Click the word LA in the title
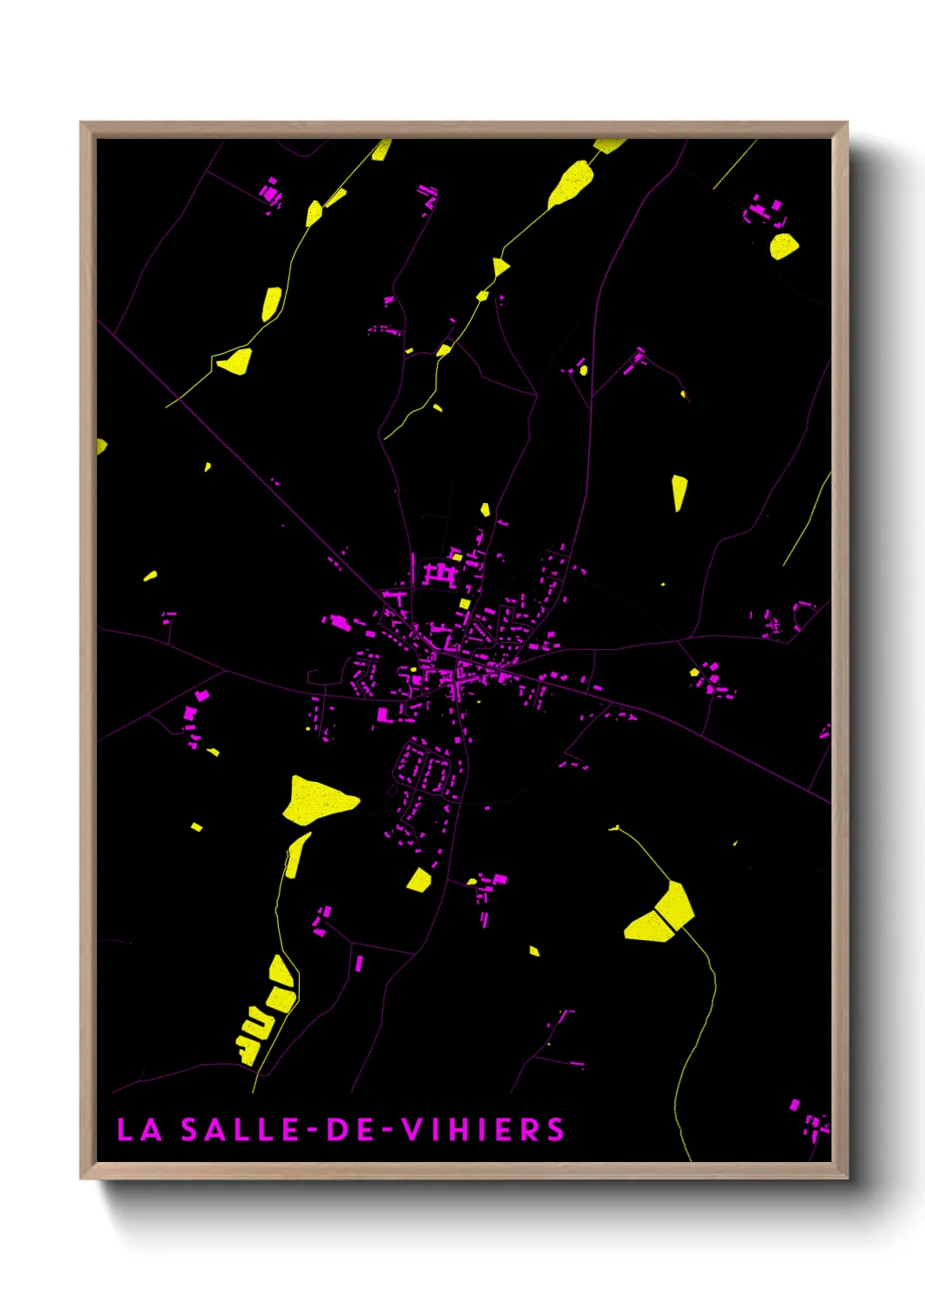coord(140,1130)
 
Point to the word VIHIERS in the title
coord(483,1130)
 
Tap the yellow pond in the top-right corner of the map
coord(783,245)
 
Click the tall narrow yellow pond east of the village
coord(679,492)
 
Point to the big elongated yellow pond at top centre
coord(572,183)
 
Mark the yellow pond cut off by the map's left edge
coord(101,446)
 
